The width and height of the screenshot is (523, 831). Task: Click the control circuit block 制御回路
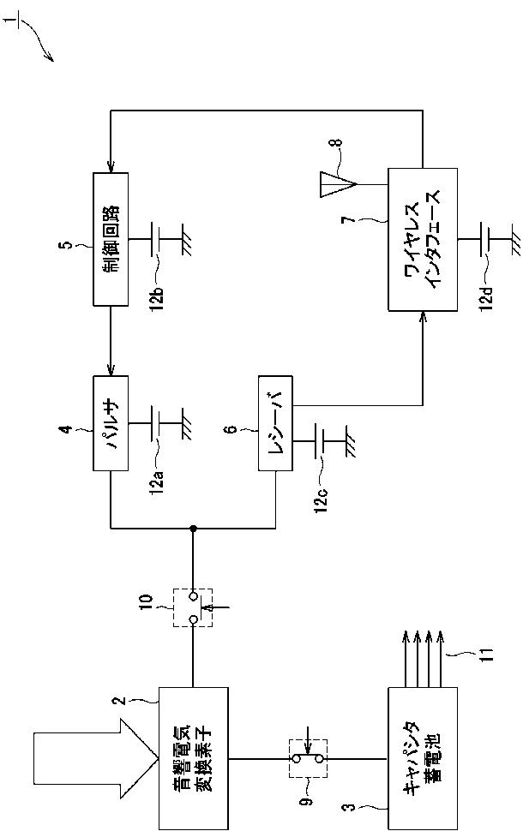click(111, 239)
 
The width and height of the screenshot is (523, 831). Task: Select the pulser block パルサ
click(111, 423)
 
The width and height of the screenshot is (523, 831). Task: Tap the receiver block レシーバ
click(275, 423)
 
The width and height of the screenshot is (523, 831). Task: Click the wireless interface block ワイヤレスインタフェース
click(422, 239)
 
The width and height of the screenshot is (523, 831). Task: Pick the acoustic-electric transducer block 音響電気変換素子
click(194, 758)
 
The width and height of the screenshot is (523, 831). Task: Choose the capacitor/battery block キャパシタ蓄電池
click(422, 758)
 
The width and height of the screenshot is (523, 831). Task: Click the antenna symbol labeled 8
click(337, 184)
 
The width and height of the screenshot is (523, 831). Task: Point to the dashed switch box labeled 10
click(193, 607)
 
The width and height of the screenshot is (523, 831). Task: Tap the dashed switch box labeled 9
click(308, 758)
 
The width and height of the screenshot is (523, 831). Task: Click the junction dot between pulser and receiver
click(193, 528)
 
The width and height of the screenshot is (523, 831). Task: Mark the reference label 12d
click(488, 296)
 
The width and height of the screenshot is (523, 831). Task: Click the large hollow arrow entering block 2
click(95, 758)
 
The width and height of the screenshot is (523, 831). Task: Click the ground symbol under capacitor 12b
click(187, 240)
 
